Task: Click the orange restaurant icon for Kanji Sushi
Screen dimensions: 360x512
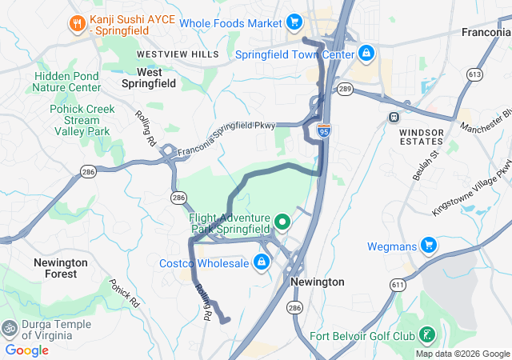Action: [78, 22]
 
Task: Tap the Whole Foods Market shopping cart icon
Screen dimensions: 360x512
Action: [294, 22]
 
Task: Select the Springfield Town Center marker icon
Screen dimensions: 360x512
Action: [366, 54]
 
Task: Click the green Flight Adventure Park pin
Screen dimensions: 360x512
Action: [282, 222]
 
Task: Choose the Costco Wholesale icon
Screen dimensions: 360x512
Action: [262, 262]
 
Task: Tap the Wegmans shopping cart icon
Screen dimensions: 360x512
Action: [428, 245]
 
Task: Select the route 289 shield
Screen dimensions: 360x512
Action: [345, 88]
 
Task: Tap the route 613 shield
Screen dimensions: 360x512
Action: [475, 74]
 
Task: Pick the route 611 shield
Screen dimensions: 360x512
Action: [398, 284]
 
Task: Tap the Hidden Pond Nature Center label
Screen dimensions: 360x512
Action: [67, 82]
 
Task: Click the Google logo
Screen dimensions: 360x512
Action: [26, 350]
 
